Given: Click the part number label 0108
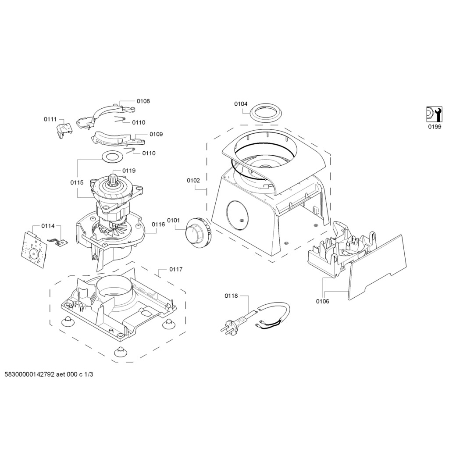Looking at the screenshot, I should pos(143,101).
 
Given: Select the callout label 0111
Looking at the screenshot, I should pos(50,119).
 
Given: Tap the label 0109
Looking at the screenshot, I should pos(156,134).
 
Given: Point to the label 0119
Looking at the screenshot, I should pos(129,171).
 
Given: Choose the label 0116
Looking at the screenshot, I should pos(158,224).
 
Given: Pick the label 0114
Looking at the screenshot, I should pos(48,226).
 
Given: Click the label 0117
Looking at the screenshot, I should pos(176,269).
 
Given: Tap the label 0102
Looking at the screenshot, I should pos(193,180).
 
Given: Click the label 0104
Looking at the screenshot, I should pos(241,104).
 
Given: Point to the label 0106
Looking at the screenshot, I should pos(322,301).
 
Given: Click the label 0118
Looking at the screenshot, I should pos(231,296).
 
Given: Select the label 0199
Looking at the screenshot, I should pos(435,127).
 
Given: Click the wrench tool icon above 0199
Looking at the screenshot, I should pos(434,114).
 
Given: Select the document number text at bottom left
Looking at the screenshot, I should pos(49,375).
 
